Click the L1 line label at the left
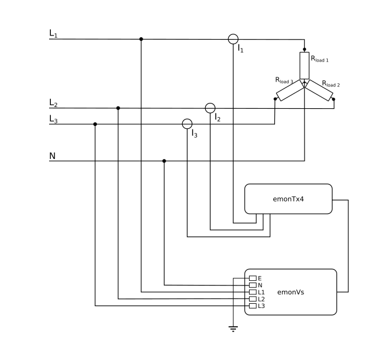point(53,34)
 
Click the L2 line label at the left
point(53,103)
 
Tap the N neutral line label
point(53,156)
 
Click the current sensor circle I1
point(234,39)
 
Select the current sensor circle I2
point(210,108)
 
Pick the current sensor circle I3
point(187,124)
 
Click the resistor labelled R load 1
point(304,65)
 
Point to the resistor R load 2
point(320,92)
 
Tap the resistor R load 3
point(289,92)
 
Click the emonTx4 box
point(289,199)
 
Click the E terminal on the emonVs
point(253,278)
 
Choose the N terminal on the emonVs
point(253,285)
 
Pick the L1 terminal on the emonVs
point(253,292)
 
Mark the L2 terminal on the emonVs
point(253,299)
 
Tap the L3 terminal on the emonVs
point(253,306)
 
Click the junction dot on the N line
point(164,161)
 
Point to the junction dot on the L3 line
point(95,124)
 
